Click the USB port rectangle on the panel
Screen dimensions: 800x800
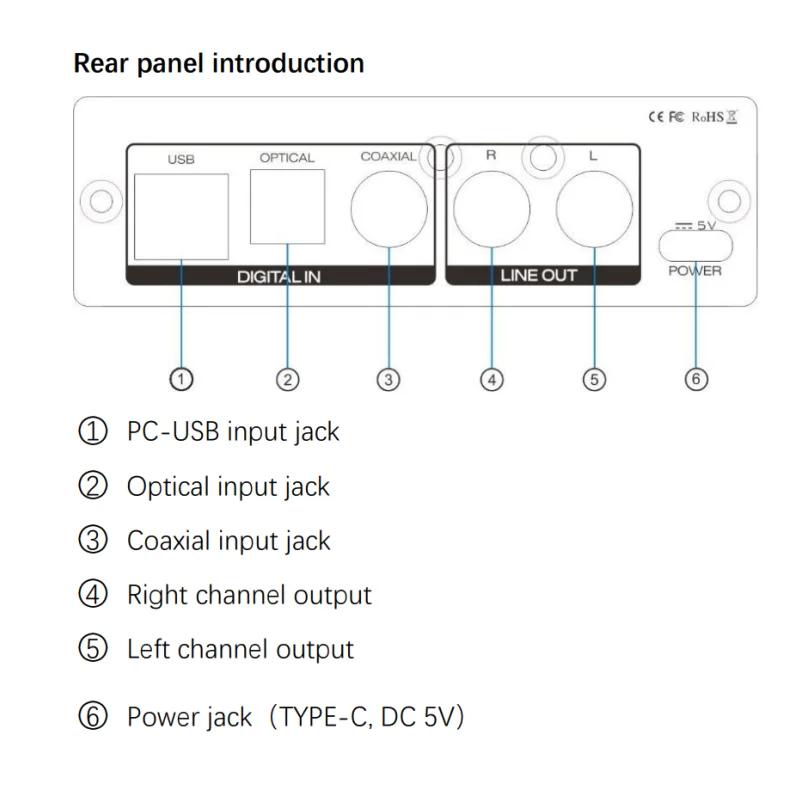(181, 216)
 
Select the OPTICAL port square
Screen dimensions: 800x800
(287, 207)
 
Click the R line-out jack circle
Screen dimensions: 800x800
(491, 210)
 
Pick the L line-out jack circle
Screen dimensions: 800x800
(595, 210)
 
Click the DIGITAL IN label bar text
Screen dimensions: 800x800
(279, 276)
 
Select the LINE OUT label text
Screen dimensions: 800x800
(539, 276)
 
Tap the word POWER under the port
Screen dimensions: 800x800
(695, 271)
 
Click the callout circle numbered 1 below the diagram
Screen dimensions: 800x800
(181, 379)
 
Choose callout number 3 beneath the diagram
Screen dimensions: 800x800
(389, 379)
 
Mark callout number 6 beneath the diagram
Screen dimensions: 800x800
(697, 379)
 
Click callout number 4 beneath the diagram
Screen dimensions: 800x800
(491, 379)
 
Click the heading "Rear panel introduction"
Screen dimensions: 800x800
(219, 64)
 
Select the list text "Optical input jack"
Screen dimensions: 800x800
(228, 487)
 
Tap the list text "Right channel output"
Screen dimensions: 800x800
(249, 595)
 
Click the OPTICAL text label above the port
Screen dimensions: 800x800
(287, 158)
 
